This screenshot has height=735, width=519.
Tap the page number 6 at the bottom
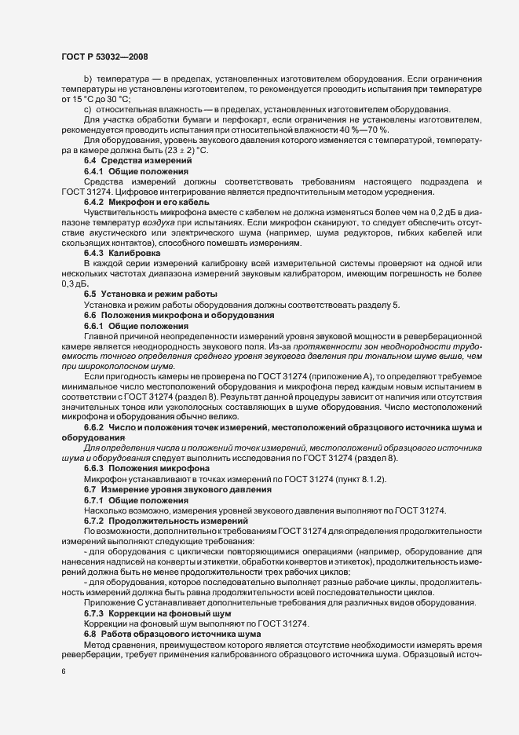coord(63,673)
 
